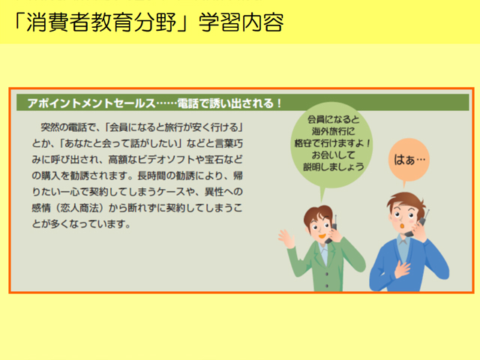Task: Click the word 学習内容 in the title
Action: [241, 22]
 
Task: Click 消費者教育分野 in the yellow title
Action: [100, 22]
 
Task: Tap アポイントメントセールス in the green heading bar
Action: [91, 103]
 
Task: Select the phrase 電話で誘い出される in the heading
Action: [226, 103]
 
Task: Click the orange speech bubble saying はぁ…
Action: [409, 160]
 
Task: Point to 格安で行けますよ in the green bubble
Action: [328, 143]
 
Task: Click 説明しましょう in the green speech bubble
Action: [333, 166]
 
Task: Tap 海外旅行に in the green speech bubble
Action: [333, 131]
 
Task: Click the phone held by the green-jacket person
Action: [332, 230]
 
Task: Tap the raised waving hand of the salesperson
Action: [286, 238]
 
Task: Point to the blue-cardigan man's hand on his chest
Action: [402, 268]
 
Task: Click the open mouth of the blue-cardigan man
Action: [403, 226]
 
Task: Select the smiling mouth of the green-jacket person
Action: [322, 236]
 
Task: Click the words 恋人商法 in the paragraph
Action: [81, 208]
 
